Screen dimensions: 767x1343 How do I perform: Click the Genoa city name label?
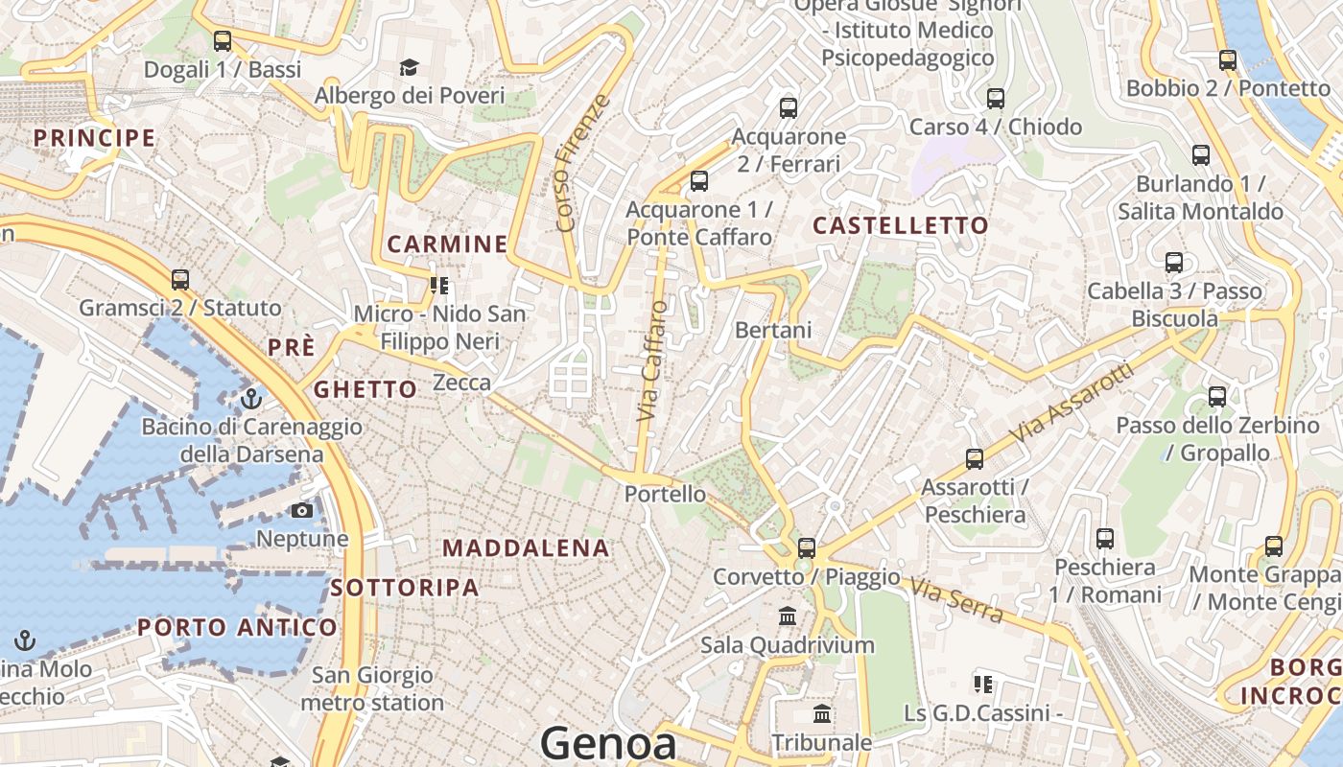[608, 743]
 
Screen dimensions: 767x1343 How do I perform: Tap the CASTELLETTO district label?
[901, 225]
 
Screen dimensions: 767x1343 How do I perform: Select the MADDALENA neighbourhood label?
[526, 548]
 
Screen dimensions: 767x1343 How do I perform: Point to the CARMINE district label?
[447, 244]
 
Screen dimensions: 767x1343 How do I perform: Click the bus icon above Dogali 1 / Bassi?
[223, 41]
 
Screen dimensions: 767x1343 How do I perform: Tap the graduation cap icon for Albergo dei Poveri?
[410, 67]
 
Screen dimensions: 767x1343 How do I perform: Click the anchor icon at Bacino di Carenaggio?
[251, 398]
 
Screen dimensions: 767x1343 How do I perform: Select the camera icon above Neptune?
[302, 511]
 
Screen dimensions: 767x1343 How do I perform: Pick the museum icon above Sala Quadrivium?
[788, 616]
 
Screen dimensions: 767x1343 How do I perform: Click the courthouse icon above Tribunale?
[822, 714]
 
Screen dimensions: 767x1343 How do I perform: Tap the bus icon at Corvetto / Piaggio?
[807, 547]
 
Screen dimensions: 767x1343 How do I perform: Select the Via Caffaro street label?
[652, 360]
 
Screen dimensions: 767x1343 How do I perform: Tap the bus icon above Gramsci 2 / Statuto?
[180, 280]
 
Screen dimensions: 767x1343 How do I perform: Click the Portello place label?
[665, 495]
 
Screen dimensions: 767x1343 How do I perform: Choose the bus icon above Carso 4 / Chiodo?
[996, 98]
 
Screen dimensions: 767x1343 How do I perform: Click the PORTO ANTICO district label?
[237, 628]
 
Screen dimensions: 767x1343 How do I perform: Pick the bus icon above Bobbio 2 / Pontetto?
[1228, 60]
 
